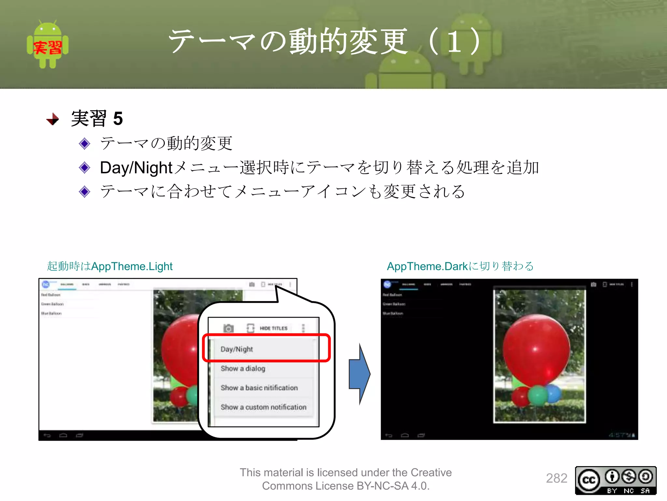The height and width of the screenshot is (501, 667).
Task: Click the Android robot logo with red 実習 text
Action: point(48,45)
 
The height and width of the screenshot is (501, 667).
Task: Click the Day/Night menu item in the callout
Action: point(237,349)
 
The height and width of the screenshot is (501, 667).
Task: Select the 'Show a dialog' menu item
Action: point(243,369)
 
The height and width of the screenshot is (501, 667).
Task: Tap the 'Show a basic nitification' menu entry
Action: point(259,388)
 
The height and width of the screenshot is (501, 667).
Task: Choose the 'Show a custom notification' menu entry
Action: point(263,407)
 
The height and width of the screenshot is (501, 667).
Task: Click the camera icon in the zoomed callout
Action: point(228,328)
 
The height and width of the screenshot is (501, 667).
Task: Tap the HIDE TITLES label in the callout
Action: point(274,328)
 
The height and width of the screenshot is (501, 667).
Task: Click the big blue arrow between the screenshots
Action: point(359,374)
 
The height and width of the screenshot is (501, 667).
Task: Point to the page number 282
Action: point(557,478)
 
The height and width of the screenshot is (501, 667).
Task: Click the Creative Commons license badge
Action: point(616,480)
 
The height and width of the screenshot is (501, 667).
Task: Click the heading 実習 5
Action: point(97,118)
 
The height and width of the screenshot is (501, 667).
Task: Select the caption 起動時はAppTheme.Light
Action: point(110,266)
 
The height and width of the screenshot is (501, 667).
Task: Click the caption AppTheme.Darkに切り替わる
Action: point(460,266)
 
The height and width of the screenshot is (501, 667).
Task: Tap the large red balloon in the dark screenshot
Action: point(536,349)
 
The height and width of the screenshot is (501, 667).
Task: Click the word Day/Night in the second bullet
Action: point(136,168)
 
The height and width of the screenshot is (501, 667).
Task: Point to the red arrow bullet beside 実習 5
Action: point(53,119)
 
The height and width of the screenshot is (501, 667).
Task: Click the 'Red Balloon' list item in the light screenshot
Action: point(51,295)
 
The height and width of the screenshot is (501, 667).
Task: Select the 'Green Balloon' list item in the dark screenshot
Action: point(394,304)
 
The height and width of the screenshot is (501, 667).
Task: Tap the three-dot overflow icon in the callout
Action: point(303,328)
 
